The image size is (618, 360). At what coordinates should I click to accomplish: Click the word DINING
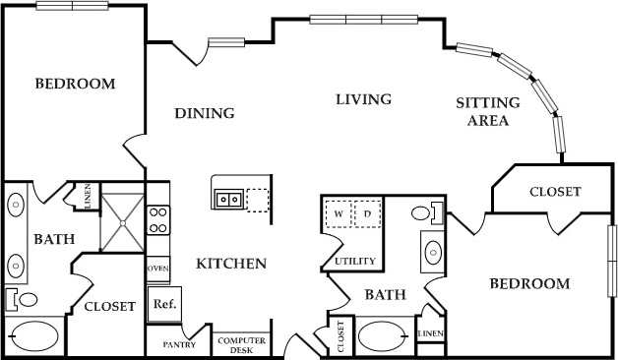(205, 113)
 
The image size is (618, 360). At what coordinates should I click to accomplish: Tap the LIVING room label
(363, 99)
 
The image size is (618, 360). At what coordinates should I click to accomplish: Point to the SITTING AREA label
(482, 112)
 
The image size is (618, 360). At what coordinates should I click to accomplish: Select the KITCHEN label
(231, 264)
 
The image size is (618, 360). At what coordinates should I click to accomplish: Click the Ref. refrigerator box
(163, 304)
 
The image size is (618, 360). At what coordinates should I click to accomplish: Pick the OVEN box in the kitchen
(157, 268)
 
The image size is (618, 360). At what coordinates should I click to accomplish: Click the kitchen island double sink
(229, 199)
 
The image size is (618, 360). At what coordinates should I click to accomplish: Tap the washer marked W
(339, 213)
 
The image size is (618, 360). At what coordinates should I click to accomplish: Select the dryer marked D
(367, 213)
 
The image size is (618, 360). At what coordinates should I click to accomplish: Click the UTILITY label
(353, 261)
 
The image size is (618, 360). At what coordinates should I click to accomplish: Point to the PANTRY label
(179, 344)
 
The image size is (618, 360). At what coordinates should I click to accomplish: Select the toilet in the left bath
(22, 298)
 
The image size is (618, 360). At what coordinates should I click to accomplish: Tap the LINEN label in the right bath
(430, 334)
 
